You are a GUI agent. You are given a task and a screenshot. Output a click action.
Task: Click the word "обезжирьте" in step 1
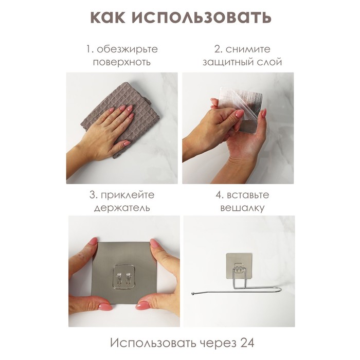pyautogui.click(x=127, y=49)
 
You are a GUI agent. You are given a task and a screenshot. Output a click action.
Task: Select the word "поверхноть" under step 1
pyautogui.click(x=122, y=62)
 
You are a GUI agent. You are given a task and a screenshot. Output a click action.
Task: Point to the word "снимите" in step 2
pyautogui.click(x=248, y=49)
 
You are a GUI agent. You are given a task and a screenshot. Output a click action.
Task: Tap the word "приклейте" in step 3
pyautogui.click(x=128, y=195)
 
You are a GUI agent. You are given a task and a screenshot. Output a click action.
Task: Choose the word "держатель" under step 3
pyautogui.click(x=122, y=208)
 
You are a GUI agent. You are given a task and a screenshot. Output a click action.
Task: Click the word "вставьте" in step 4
pyautogui.click(x=248, y=195)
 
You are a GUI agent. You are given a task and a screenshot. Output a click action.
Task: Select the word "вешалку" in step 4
pyautogui.click(x=242, y=208)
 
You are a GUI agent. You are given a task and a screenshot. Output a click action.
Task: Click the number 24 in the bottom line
pyautogui.click(x=247, y=343)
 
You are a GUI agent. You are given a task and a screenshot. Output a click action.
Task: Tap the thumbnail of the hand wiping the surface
pyautogui.click(x=122, y=128)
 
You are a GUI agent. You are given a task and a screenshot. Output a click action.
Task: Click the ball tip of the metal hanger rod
pyautogui.click(x=193, y=293)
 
